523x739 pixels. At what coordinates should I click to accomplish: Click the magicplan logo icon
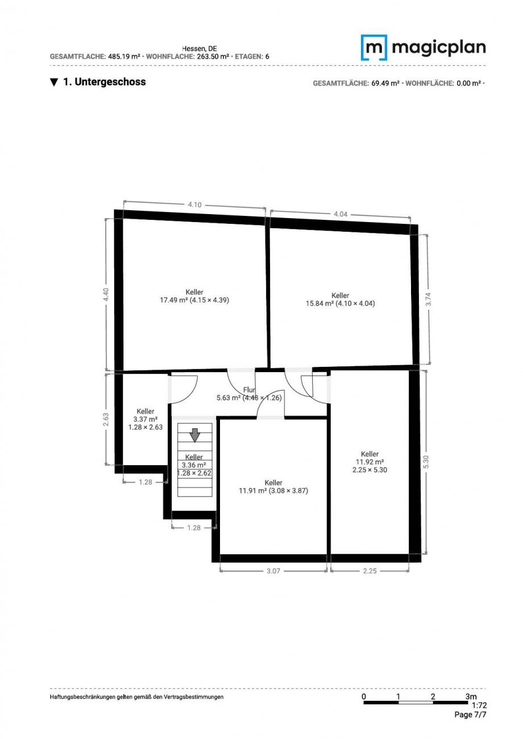[373, 48]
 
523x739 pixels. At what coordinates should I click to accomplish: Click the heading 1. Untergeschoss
[98, 82]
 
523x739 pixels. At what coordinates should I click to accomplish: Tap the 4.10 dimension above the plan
[194, 205]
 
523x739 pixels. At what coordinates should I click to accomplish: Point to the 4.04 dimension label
[341, 214]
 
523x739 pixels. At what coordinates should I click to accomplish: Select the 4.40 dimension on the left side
[106, 295]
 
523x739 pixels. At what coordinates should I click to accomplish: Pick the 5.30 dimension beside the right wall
[426, 462]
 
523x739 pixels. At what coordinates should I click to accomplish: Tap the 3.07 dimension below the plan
[273, 571]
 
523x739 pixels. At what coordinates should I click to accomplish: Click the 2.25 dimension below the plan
[370, 571]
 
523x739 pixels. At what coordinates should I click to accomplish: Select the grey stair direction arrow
[195, 435]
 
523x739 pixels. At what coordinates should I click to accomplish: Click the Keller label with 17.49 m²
[194, 296]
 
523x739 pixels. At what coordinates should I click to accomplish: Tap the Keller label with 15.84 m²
[341, 299]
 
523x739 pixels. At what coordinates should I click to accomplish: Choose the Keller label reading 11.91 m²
[273, 487]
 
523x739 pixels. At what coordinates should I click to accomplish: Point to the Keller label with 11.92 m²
[370, 462]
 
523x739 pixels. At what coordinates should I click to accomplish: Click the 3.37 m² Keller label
[146, 419]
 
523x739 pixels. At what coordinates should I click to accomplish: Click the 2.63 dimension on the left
[106, 419]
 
